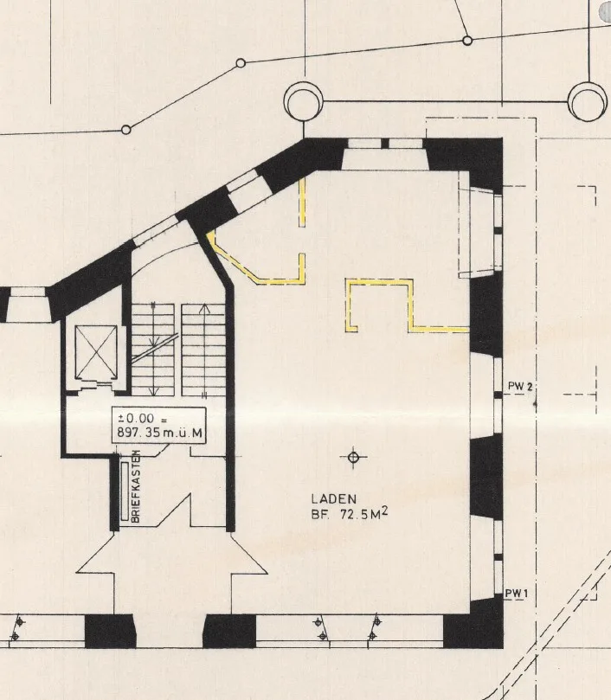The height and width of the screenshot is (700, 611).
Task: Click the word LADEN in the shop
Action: (x=334, y=498)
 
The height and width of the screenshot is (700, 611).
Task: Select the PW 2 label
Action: (x=520, y=386)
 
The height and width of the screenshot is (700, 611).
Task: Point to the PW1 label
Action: (x=517, y=594)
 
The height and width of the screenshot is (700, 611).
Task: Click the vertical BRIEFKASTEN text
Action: (x=136, y=486)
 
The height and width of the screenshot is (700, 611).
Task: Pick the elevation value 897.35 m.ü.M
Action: (x=159, y=433)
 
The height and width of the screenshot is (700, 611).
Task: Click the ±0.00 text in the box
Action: (x=136, y=418)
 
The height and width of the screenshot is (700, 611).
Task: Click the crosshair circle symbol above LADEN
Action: (x=353, y=457)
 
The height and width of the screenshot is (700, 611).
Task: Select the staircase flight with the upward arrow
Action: (x=203, y=350)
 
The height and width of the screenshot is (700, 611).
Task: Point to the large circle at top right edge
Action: (x=588, y=102)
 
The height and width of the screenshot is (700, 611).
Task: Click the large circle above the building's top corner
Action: (x=304, y=102)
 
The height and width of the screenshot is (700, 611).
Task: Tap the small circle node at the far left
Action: (x=126, y=130)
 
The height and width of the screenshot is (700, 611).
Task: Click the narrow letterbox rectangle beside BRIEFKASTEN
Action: (x=125, y=491)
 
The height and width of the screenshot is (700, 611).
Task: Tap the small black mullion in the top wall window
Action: (x=384, y=144)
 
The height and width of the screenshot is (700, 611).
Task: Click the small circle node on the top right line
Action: (x=467, y=41)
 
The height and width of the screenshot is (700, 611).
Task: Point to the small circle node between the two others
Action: (x=241, y=63)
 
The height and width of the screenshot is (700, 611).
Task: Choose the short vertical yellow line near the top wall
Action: (x=302, y=202)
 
